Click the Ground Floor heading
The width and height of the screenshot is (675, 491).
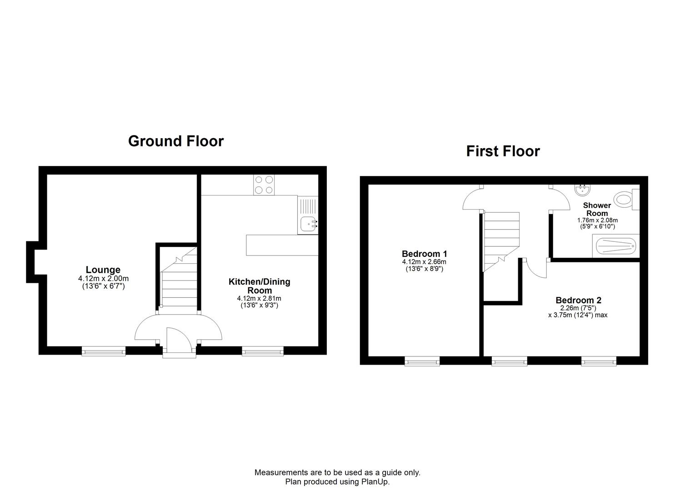(x=175, y=141)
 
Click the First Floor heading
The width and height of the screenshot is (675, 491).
(x=503, y=151)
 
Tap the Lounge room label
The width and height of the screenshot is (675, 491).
(x=103, y=270)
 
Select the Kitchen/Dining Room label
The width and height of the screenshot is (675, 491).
(x=259, y=286)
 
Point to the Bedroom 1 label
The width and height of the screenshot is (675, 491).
(x=424, y=254)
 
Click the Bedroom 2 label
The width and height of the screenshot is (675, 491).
(x=578, y=300)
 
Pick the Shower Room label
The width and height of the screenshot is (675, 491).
(x=597, y=209)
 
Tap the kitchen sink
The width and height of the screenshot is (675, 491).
(x=309, y=223)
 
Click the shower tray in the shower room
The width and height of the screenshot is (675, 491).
(x=615, y=246)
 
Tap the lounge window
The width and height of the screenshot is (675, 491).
(x=103, y=351)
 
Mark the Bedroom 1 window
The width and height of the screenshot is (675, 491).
(x=422, y=361)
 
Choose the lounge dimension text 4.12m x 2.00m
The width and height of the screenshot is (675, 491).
(x=103, y=279)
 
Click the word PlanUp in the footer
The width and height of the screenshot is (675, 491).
(x=375, y=481)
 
